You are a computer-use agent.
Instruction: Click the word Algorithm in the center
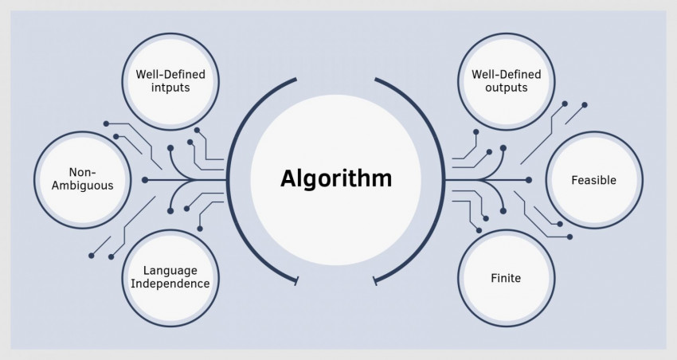pos(335,178)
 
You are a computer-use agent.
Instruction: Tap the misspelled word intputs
pos(170,88)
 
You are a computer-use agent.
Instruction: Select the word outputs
pos(506,88)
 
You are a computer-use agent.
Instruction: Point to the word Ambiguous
pos(79,186)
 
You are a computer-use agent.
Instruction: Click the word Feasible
pos(593,180)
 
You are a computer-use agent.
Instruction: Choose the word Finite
pos(506,279)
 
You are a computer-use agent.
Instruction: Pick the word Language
pos(170,271)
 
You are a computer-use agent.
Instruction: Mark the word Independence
pos(170,284)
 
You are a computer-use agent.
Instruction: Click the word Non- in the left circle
pos(79,172)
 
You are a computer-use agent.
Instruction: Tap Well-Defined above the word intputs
pos(170,75)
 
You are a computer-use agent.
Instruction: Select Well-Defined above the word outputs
pos(506,75)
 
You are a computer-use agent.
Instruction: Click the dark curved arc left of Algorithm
pos(230,179)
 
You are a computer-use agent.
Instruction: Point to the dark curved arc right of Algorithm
pos(442,179)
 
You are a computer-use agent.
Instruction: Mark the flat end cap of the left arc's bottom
pos(297,280)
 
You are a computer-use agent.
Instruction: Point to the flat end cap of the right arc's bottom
pos(374,280)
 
